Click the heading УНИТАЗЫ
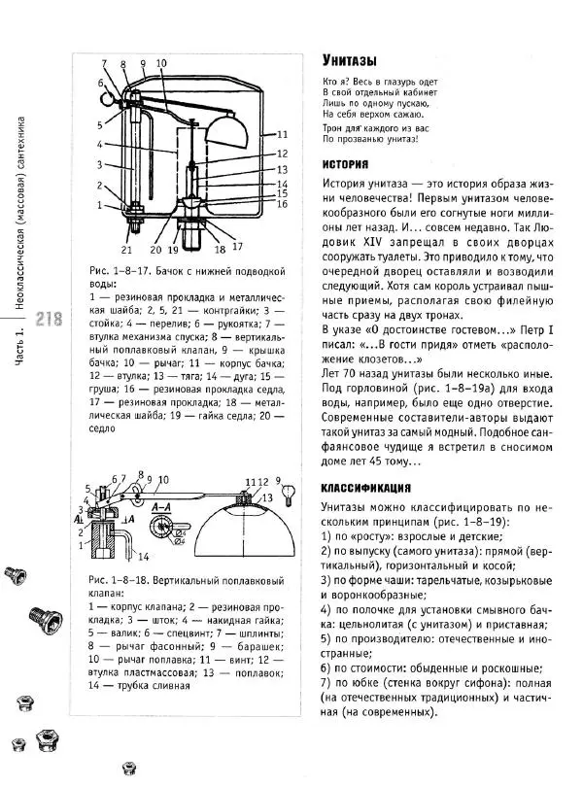[350, 60]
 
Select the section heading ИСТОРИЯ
[344, 164]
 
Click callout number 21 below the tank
[126, 250]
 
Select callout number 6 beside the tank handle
[100, 84]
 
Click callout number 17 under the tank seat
[236, 246]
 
